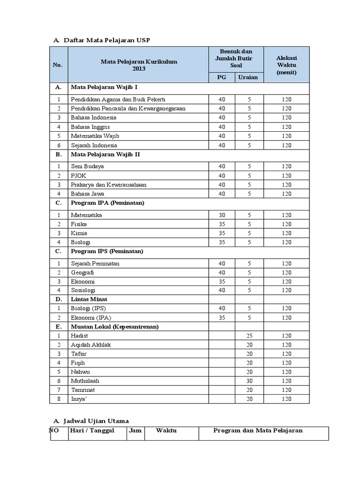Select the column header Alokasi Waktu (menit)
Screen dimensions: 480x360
pyautogui.click(x=286, y=65)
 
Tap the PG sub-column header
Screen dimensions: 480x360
pyautogui.click(x=222, y=77)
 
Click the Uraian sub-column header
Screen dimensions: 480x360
pyautogui.click(x=249, y=77)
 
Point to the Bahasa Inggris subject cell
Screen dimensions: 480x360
pyautogui.click(x=90, y=127)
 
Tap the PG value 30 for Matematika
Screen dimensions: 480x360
pyautogui.click(x=222, y=215)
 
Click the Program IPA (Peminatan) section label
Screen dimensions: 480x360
pyautogui.click(x=107, y=202)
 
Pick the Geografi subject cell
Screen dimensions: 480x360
pyautogui.click(x=82, y=272)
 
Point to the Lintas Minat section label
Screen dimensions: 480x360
pyautogui.click(x=89, y=299)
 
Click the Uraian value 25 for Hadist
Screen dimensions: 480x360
pyautogui.click(x=249, y=336)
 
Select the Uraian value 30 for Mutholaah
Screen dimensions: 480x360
pyautogui.click(x=249, y=381)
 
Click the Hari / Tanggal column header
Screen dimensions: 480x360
pyautogui.click(x=92, y=430)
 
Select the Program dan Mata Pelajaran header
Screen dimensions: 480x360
pyautogui.click(x=258, y=430)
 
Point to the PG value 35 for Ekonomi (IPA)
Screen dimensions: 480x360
pyautogui.click(x=222, y=317)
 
